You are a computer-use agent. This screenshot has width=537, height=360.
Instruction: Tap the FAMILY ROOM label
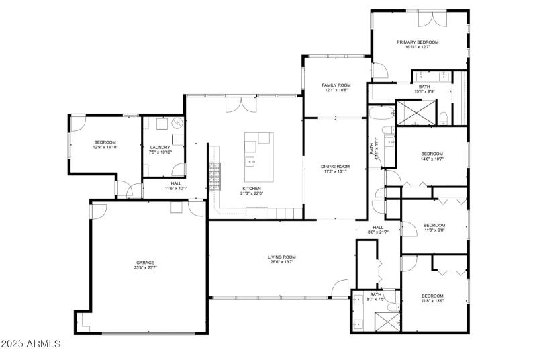(336, 85)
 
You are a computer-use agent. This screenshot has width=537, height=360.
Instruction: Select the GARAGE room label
(146, 263)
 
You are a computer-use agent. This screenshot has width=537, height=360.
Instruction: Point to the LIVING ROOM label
(282, 257)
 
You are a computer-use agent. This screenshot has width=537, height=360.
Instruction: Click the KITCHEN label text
(252, 189)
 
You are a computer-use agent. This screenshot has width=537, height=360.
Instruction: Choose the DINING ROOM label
(335, 166)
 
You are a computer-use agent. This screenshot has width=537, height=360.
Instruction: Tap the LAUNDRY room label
(160, 147)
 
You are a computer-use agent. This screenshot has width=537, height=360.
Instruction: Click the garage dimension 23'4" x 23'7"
(146, 268)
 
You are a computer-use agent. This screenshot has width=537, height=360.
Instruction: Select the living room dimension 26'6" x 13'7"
(282, 262)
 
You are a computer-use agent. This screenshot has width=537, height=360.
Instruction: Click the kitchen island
(258, 156)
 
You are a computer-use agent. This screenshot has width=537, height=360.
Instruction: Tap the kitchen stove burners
(215, 177)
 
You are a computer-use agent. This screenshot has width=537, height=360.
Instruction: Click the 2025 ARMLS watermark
(32, 344)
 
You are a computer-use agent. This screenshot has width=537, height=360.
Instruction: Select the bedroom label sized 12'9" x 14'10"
(105, 142)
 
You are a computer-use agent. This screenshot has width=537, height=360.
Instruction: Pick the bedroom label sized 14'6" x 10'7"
(432, 154)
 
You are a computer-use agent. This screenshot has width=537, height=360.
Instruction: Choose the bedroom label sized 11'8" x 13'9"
(432, 296)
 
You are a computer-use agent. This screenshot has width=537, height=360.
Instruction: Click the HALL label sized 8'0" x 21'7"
(378, 227)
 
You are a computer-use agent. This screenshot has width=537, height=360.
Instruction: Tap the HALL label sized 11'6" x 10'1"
(176, 183)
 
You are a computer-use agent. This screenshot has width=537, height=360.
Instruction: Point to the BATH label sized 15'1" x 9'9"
(424, 86)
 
